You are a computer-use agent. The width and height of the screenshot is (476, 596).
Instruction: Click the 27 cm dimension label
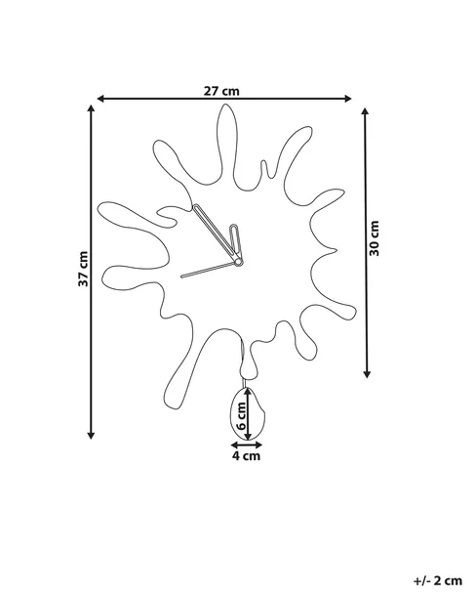click(x=222, y=91)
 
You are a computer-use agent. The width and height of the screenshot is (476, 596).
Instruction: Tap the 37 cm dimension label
click(x=83, y=269)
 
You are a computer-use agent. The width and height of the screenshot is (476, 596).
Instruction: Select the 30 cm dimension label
click(x=375, y=238)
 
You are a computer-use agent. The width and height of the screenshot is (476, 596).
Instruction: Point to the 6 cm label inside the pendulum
click(x=241, y=416)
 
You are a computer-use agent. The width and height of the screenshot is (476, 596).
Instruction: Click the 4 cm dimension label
click(x=247, y=455)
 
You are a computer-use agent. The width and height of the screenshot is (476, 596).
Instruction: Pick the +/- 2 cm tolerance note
click(x=438, y=580)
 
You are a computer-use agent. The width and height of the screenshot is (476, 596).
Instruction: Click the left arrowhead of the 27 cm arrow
click(x=100, y=99)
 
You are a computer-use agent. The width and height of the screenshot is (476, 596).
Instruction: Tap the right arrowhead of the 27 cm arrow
click(x=347, y=99)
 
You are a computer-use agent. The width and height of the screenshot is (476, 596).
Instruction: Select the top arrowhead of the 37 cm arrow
click(x=91, y=108)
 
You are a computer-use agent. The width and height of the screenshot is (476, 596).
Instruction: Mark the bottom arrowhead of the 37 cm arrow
click(x=91, y=435)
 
